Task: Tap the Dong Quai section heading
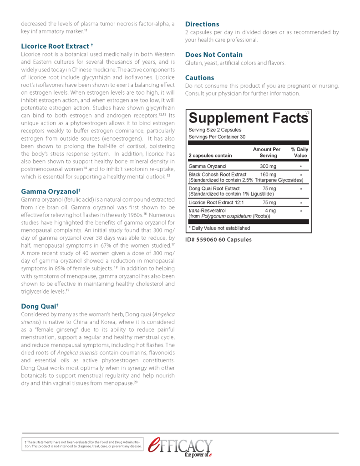click(40, 306)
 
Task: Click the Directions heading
click(202, 24)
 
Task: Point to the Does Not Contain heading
click(214, 55)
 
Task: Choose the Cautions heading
click(199, 78)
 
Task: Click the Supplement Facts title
click(248, 118)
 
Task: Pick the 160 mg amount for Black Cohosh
click(268, 174)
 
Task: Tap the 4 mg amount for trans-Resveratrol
click(270, 211)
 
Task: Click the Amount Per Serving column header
click(267, 152)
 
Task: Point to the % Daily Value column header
click(299, 152)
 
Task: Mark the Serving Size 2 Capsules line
click(215, 130)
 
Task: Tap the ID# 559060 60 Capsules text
click(218, 239)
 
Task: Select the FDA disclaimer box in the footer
click(83, 444)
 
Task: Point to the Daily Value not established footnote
click(219, 228)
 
